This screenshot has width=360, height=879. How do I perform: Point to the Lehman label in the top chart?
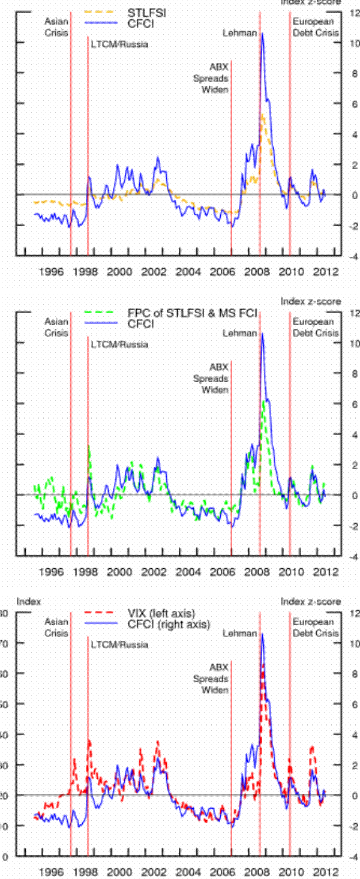[239, 33]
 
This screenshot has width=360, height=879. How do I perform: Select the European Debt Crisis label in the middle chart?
[316, 327]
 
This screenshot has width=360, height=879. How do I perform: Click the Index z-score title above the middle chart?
[311, 301]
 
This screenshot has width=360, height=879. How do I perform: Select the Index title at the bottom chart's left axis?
[28, 601]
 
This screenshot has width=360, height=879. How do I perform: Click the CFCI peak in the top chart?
[262, 34]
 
